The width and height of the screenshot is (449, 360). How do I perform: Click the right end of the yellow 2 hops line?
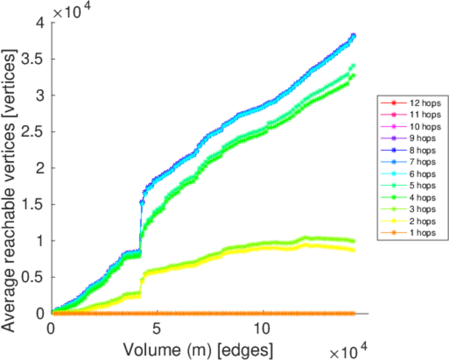point(354,250)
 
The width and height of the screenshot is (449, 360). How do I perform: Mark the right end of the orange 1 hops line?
point(354,313)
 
